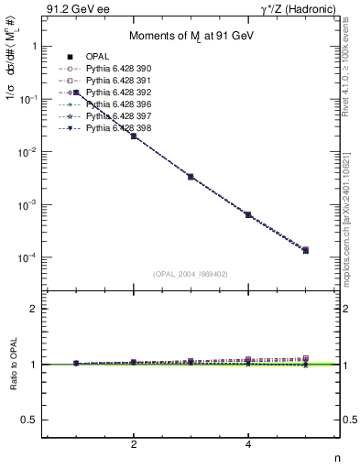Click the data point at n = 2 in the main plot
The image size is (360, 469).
[x=134, y=136]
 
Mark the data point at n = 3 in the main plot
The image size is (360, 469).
[x=191, y=176]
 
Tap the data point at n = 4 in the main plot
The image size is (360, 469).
[x=248, y=214]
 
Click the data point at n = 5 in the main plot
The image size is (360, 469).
[x=305, y=250]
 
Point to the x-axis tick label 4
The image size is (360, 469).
[x=248, y=444]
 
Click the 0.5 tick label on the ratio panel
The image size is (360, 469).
[x=31, y=420]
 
